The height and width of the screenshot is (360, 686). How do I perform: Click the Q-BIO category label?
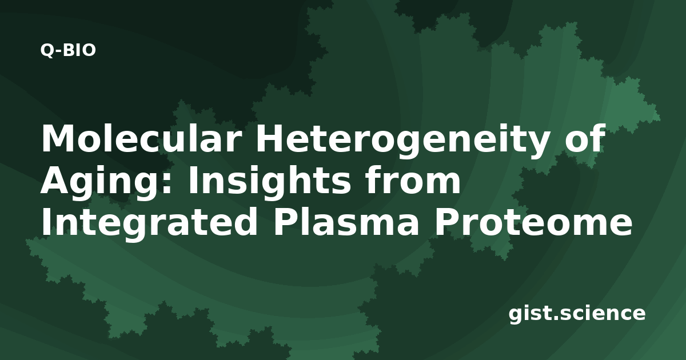pyautogui.click(x=68, y=50)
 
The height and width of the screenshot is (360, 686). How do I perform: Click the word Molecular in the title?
pyautogui.click(x=140, y=138)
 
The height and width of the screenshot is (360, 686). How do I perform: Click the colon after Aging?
pyautogui.click(x=167, y=185)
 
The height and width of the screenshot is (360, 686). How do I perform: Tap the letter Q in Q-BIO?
pyautogui.click(x=47, y=51)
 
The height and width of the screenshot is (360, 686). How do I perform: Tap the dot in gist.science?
pyautogui.click(x=554, y=318)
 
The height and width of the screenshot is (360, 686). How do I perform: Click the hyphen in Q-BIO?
pyautogui.click(x=58, y=52)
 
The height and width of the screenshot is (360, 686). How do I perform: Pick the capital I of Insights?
pyautogui.click(x=193, y=181)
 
